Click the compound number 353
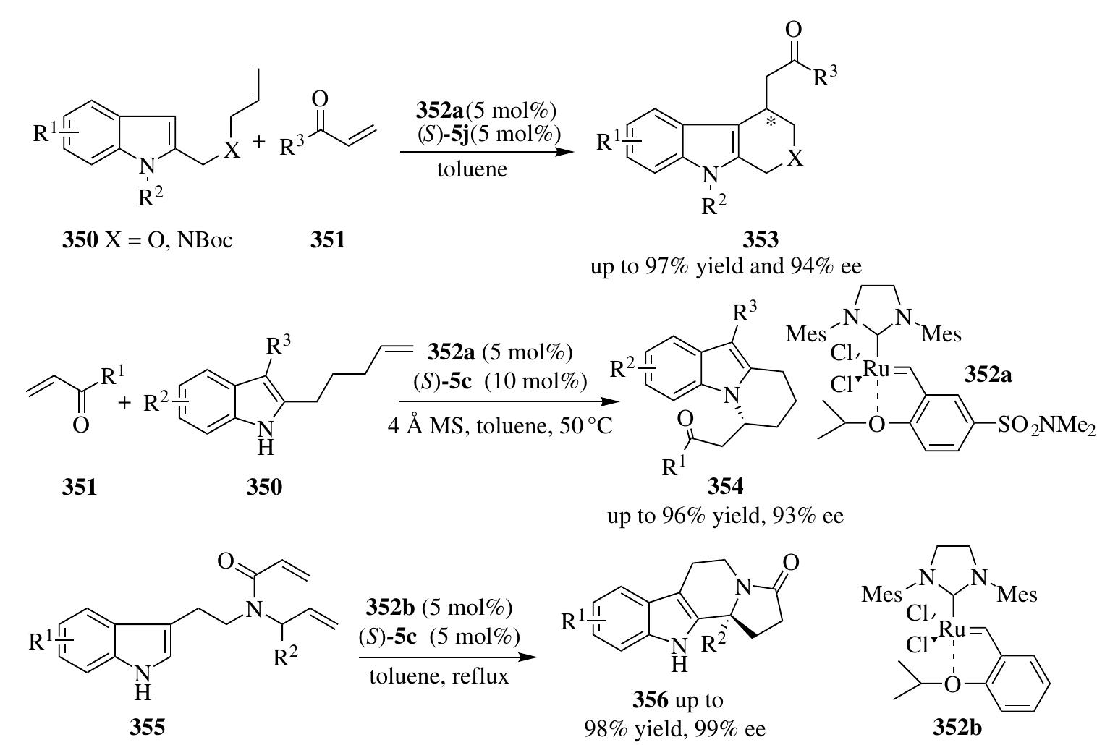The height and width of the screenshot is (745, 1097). click(761, 239)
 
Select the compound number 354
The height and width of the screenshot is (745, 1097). click(725, 487)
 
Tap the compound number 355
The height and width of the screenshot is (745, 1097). click(147, 727)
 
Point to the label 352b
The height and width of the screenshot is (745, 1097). click(957, 728)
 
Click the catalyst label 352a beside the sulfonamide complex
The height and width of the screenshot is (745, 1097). click(988, 375)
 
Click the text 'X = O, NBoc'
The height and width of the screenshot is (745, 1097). click(169, 240)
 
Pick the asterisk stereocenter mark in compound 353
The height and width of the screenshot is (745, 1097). click(771, 122)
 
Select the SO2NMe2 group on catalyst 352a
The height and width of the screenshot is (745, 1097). click(1046, 425)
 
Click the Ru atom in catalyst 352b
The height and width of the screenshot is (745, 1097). click(953, 629)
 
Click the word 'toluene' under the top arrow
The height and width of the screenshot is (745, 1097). click(472, 169)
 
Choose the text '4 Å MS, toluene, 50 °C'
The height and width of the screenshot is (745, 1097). click(500, 425)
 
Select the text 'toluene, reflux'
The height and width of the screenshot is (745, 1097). click(439, 676)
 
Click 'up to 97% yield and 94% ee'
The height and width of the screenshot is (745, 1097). click(726, 266)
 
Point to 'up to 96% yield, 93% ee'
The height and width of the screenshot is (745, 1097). click(725, 516)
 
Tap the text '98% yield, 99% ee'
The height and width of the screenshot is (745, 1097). click(674, 730)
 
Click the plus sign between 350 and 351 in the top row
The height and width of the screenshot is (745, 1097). click(258, 142)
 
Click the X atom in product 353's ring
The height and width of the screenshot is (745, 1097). click(797, 158)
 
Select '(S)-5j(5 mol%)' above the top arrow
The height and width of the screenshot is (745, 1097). click(488, 134)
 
